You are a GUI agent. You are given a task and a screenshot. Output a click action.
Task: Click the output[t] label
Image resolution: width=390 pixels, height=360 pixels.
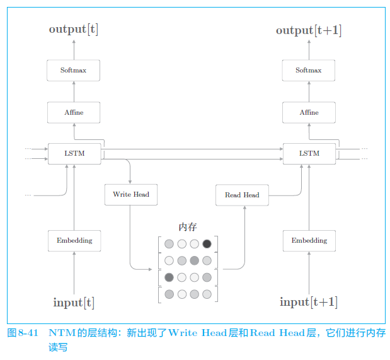coord(74,30)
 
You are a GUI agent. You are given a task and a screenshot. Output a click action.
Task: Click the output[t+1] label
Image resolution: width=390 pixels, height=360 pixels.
coord(309,30)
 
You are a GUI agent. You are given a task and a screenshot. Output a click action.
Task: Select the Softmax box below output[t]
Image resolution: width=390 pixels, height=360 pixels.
coord(74,70)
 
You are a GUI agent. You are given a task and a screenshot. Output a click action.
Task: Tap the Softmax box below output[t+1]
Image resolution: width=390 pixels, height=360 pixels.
coord(309,70)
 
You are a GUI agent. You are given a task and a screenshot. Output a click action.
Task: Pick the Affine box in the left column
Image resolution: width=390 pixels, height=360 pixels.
coord(74,112)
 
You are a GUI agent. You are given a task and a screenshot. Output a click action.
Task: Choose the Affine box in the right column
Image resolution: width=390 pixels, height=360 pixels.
coord(309,112)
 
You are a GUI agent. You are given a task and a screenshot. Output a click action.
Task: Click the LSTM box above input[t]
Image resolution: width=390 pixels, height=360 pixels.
coord(74,153)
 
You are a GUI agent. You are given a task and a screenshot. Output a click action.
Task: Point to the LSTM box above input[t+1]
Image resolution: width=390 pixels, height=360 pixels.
coord(309,153)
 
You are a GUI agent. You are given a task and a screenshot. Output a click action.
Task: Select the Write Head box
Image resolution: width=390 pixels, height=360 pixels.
coord(131,194)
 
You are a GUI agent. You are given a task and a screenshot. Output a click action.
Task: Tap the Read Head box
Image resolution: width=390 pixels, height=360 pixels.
coord(242,195)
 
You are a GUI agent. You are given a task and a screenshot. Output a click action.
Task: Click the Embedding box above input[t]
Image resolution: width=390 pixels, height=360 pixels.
coord(74,240)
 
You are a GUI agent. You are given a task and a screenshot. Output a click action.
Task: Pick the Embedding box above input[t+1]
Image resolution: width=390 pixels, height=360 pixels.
coord(309,240)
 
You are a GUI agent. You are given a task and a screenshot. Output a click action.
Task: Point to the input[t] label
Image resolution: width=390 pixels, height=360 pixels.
coord(74,303)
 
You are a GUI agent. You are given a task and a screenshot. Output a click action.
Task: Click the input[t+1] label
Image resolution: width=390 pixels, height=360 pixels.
coord(309,303)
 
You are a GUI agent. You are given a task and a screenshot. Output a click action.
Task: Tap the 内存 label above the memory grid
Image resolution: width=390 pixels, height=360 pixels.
coord(188,227)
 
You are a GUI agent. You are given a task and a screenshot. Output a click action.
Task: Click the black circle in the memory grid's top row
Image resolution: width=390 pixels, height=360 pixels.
coord(207,244)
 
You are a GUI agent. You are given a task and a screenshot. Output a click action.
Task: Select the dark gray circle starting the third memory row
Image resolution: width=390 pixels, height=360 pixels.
coord(169,277)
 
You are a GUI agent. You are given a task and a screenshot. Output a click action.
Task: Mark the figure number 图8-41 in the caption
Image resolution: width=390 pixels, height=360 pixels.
coord(23,333)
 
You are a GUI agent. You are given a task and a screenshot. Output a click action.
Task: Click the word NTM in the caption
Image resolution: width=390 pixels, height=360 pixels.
coord(62,333)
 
